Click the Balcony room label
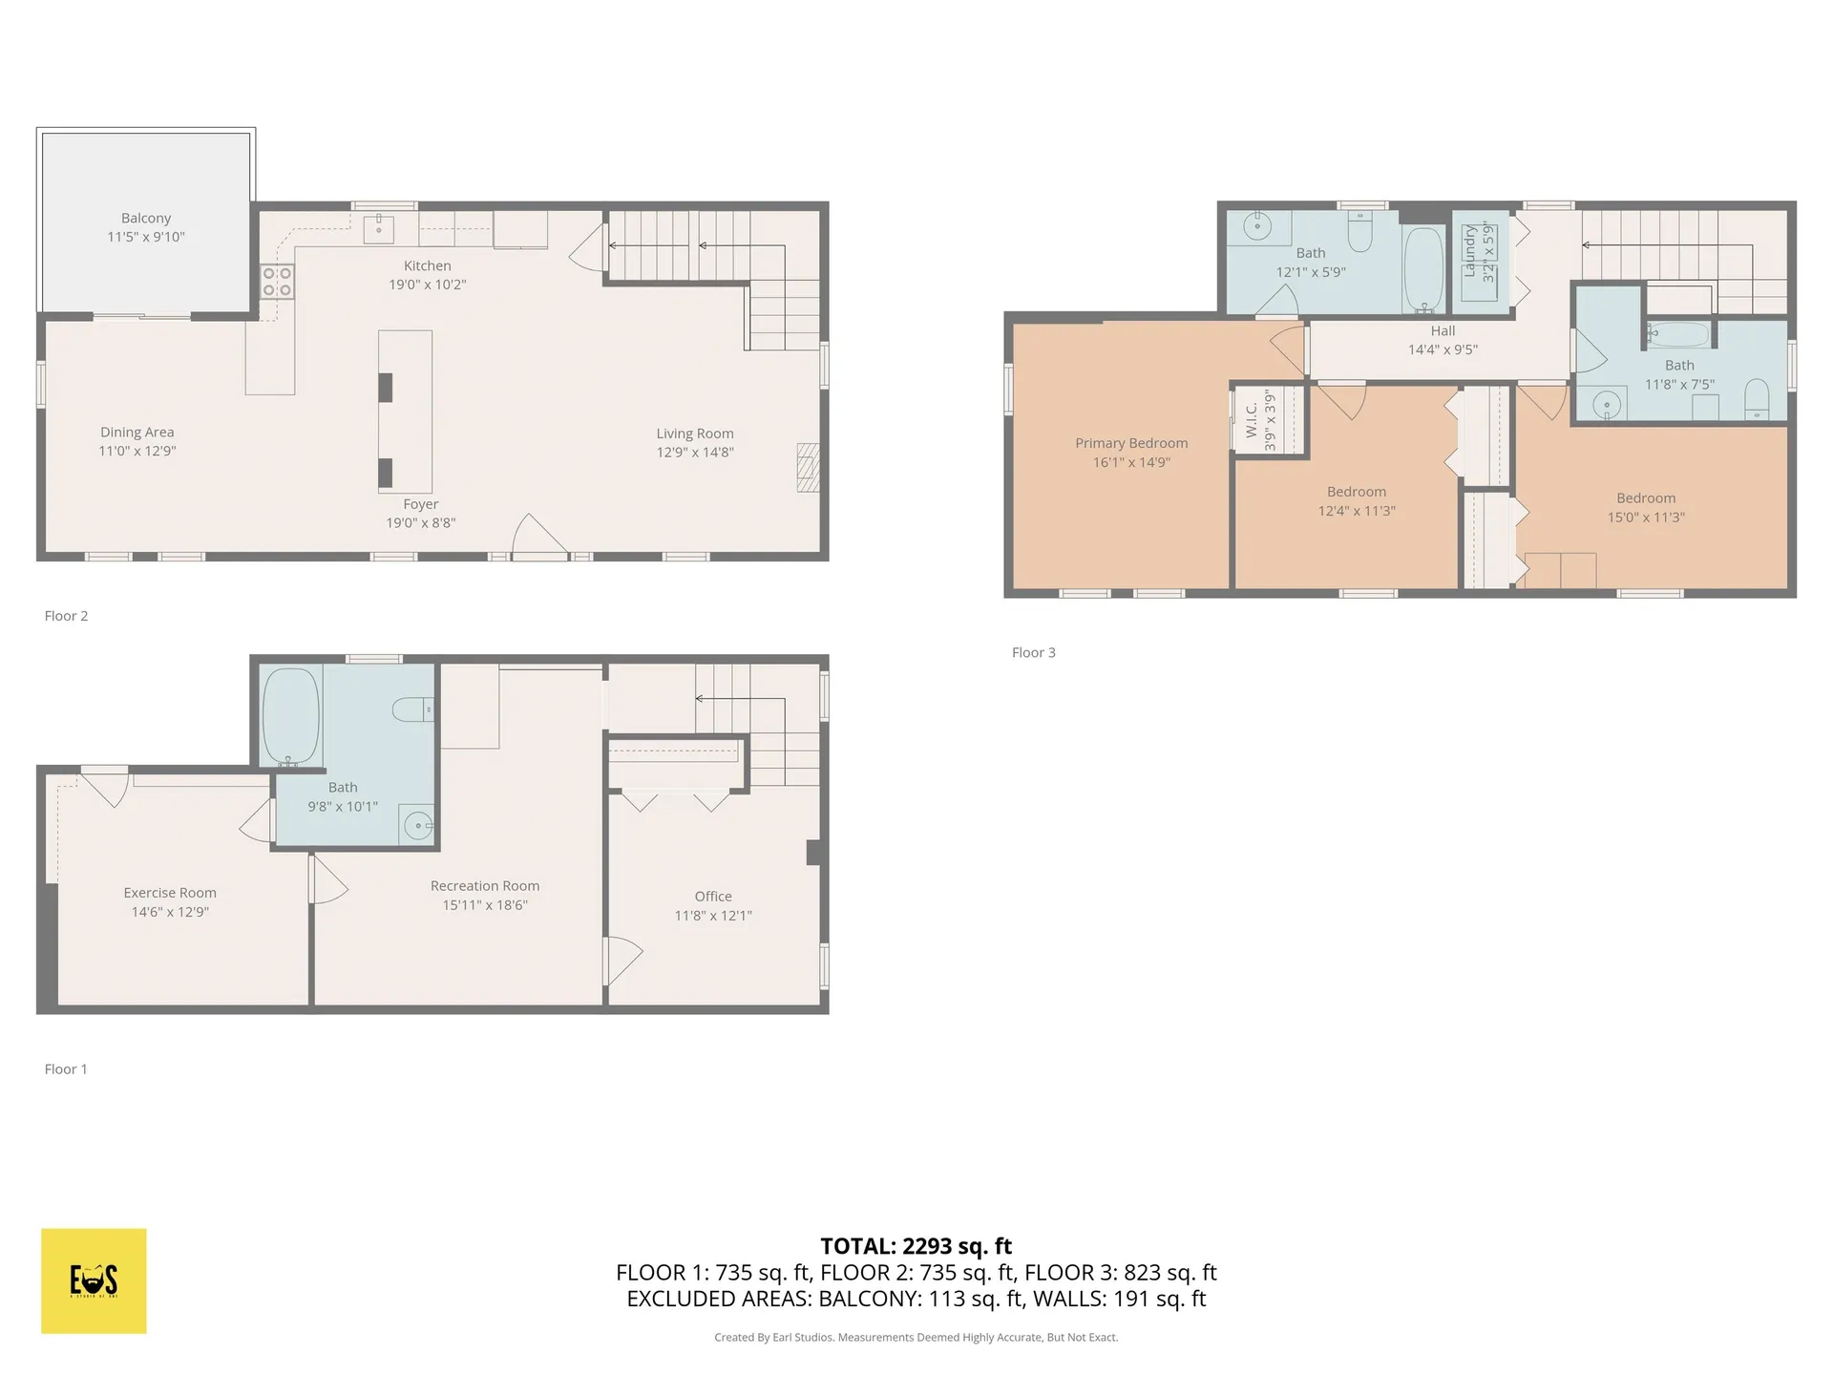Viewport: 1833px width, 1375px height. (x=146, y=219)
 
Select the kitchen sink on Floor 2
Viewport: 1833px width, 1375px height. (x=378, y=229)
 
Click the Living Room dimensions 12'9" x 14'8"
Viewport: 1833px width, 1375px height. (x=694, y=453)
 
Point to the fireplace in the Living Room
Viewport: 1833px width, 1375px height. (x=808, y=467)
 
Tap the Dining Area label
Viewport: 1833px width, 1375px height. (x=137, y=433)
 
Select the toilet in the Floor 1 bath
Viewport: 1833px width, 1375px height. (x=413, y=709)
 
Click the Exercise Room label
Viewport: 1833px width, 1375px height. (x=170, y=893)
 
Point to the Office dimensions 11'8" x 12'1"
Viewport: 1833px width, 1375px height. (x=713, y=916)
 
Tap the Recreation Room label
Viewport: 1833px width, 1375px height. (x=485, y=886)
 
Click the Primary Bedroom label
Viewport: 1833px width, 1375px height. (x=1131, y=443)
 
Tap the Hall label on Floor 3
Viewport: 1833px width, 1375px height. (x=1443, y=331)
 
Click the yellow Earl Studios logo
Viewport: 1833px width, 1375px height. (x=94, y=1280)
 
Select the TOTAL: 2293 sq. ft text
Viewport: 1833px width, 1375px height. (x=916, y=1246)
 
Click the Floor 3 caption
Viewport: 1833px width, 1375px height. (x=1033, y=653)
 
